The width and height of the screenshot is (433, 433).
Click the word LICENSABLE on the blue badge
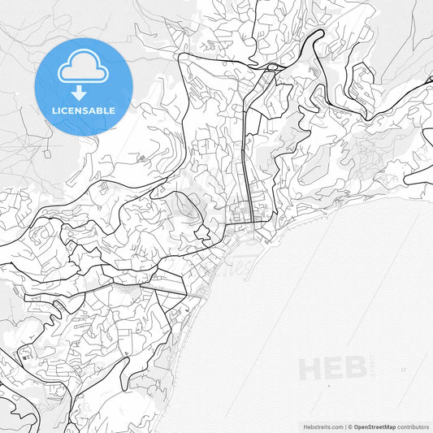[x=83, y=110]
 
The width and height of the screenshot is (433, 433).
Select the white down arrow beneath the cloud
[x=78, y=92]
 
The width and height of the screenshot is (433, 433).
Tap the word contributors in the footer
[x=413, y=426]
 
